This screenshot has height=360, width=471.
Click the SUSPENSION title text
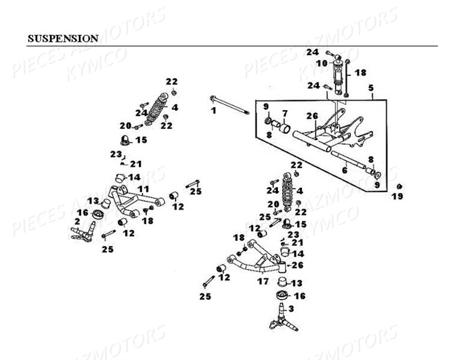tap(63, 39)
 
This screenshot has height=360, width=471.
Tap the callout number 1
tap(214, 110)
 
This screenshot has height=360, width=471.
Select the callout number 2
tap(77, 221)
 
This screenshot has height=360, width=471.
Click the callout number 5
tap(371, 89)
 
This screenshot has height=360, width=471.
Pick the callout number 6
tap(345, 171)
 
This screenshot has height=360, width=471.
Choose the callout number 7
tap(284, 113)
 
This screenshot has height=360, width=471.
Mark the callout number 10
tap(324, 63)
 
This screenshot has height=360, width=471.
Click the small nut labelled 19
tap(398, 186)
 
